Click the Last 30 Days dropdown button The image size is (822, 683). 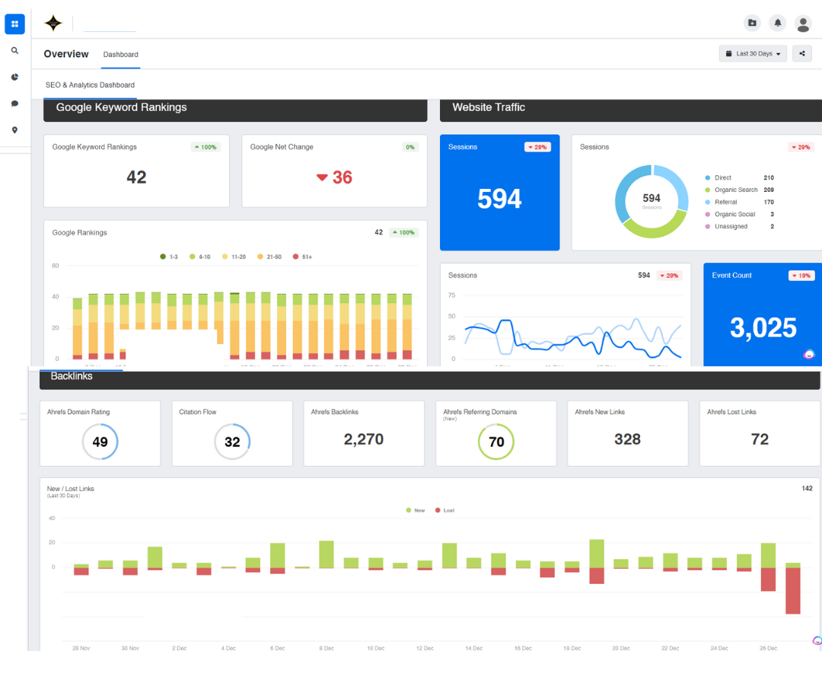click(x=753, y=54)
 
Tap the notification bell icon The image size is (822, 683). click(x=777, y=23)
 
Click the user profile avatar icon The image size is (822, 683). click(x=803, y=24)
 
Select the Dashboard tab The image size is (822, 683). click(x=121, y=55)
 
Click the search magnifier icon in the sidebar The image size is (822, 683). click(x=14, y=50)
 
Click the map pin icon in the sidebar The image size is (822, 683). click(x=14, y=130)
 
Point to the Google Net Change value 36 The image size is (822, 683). click(x=342, y=177)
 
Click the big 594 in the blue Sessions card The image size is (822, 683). click(x=499, y=199)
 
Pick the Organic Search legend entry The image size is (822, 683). click(x=735, y=190)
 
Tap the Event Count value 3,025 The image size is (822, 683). click(x=763, y=328)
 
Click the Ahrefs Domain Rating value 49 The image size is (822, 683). click(x=100, y=442)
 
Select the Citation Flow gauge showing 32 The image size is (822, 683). click(x=232, y=442)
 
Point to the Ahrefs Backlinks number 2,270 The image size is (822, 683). click(x=363, y=439)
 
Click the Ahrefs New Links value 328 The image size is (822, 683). click(x=627, y=439)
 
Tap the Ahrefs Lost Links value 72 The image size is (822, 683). click(x=760, y=439)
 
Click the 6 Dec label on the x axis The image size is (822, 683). click(x=277, y=648)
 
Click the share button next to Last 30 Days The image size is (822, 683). click(x=801, y=53)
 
